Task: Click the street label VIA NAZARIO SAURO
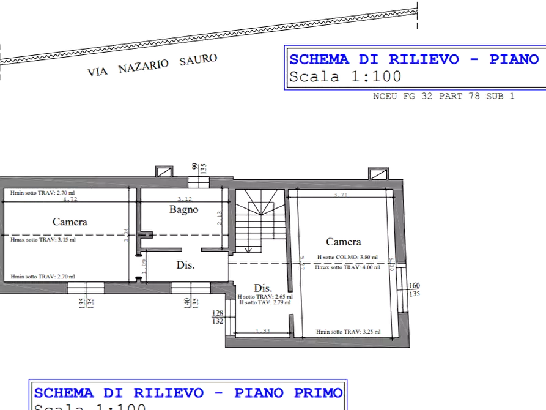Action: [153, 64]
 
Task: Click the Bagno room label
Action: [184, 209]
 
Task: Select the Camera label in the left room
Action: [70, 222]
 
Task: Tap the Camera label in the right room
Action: [343, 242]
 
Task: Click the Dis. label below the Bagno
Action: [185, 265]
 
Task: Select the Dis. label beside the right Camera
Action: [263, 288]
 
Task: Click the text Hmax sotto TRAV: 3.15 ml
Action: [43, 240]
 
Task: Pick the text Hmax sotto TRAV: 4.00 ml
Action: [347, 267]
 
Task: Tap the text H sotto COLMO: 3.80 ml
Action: [347, 258]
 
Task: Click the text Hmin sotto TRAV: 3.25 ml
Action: [349, 332]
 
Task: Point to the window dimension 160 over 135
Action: [414, 289]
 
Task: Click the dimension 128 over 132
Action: [216, 317]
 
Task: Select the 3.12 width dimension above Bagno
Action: [183, 198]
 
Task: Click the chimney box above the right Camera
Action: [377, 173]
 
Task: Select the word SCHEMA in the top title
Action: [319, 59]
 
